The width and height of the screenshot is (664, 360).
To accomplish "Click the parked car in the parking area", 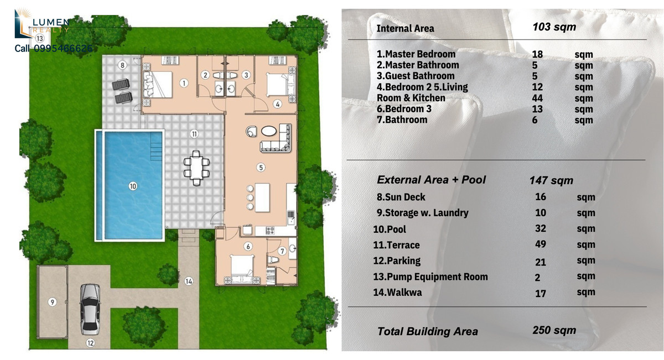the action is click(90, 309).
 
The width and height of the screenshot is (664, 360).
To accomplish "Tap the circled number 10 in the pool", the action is click(133, 186).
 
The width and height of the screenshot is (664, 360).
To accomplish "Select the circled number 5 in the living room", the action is click(261, 168).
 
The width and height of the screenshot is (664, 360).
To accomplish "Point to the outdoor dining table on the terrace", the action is click(196, 168).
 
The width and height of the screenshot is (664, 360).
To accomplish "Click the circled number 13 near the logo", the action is click(40, 38).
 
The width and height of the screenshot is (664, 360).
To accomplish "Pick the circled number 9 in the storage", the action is click(52, 302).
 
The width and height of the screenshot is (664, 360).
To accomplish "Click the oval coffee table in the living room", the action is click(268, 131).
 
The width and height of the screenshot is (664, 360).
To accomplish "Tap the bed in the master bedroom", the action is click(158, 85).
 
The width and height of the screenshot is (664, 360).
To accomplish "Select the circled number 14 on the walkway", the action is click(189, 281).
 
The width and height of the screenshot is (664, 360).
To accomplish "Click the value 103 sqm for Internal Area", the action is click(554, 27).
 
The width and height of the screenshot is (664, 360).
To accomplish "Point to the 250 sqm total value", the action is click(554, 330).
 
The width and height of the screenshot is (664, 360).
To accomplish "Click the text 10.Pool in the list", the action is click(390, 229).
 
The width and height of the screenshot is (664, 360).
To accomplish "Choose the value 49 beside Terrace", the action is click(541, 244).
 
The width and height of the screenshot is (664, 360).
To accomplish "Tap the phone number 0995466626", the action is click(63, 48).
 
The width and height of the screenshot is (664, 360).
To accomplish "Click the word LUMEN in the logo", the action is click(51, 22).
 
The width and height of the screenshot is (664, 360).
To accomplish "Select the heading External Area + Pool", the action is click(431, 180).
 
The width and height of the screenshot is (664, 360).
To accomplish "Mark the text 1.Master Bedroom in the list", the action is click(416, 54).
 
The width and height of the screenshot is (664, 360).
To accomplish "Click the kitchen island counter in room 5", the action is click(262, 197).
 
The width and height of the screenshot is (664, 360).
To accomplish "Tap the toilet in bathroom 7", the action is click(273, 260).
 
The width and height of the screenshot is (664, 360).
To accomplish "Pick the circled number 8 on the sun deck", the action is click(122, 65).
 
